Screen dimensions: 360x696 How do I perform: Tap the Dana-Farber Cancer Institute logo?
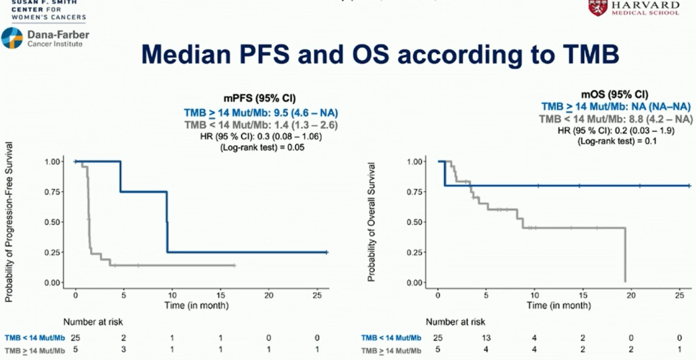45,38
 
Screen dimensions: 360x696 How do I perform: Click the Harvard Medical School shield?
597,8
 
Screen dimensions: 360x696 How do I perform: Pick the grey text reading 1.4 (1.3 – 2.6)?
304,124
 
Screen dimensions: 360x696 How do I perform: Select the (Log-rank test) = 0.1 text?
614,142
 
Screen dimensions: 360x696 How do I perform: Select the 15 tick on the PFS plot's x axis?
220,295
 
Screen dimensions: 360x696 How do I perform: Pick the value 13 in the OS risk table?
486,337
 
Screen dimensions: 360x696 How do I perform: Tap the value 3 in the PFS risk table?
123,349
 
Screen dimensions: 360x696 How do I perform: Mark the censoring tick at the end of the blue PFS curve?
326,252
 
